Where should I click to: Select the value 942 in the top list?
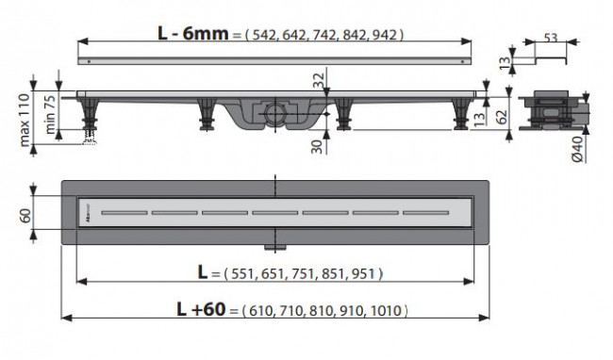click(x=386, y=35)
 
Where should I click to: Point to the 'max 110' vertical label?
click(x=13, y=111)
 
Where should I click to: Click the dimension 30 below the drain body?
click(x=319, y=143)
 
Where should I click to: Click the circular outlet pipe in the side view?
click(x=274, y=115)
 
